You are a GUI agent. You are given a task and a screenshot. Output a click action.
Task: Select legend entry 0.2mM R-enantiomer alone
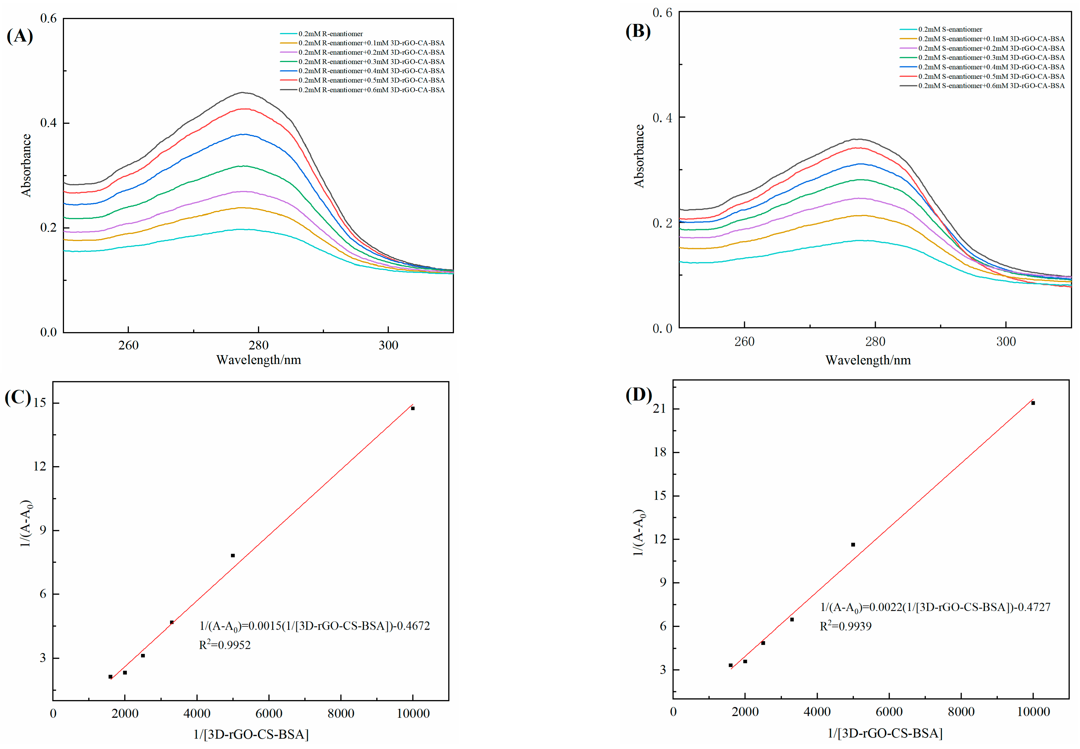[330, 34]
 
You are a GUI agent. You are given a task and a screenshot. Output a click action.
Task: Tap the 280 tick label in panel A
[258, 345]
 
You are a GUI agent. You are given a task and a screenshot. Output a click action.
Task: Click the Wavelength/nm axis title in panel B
[868, 361]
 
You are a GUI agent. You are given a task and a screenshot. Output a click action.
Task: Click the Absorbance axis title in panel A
[26, 165]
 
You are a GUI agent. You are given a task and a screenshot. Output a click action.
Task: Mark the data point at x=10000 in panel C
[413, 408]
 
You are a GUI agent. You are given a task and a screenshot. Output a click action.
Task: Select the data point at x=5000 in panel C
[233, 556]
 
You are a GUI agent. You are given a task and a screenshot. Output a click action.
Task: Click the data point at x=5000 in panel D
[853, 545]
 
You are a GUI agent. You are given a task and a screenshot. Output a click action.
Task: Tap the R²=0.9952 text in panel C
[225, 645]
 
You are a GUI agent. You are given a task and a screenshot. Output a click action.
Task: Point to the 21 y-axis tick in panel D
[659, 409]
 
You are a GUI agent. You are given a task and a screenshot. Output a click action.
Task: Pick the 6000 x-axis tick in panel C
[269, 714]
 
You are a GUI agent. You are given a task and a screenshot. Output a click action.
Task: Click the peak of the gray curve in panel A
[242, 92]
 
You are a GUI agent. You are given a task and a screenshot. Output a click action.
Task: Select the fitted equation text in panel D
[935, 607]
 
